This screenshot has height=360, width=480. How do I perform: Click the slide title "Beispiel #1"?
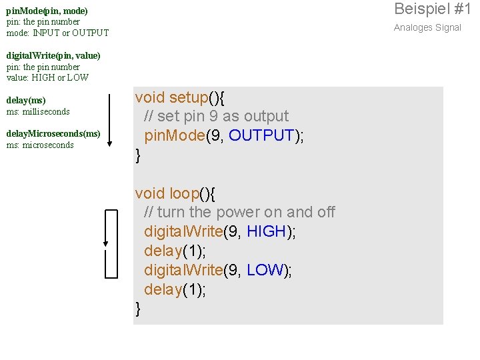432,9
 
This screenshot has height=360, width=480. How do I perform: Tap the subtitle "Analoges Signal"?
427,27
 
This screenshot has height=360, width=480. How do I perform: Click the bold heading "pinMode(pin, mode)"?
47,11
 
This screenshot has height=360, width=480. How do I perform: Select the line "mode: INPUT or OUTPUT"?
57,33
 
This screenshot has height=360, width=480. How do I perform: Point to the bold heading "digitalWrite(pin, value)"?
53,56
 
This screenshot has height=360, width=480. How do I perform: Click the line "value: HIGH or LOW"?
47,77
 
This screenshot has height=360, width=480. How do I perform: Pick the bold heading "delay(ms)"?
26,101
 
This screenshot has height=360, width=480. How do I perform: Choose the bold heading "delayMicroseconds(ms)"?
53,134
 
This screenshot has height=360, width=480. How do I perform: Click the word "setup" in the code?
189,98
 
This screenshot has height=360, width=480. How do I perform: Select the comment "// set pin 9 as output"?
216,117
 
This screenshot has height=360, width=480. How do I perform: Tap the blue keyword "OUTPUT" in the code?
261,136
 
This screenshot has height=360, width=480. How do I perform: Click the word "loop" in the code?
185,193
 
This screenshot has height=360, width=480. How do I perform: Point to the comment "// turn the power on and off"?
239,213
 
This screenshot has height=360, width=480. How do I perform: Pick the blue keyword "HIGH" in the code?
266,232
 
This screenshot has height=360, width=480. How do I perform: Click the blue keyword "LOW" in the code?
265,270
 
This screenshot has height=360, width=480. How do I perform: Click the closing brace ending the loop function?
138,308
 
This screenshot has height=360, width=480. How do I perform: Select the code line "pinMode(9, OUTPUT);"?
224,136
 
